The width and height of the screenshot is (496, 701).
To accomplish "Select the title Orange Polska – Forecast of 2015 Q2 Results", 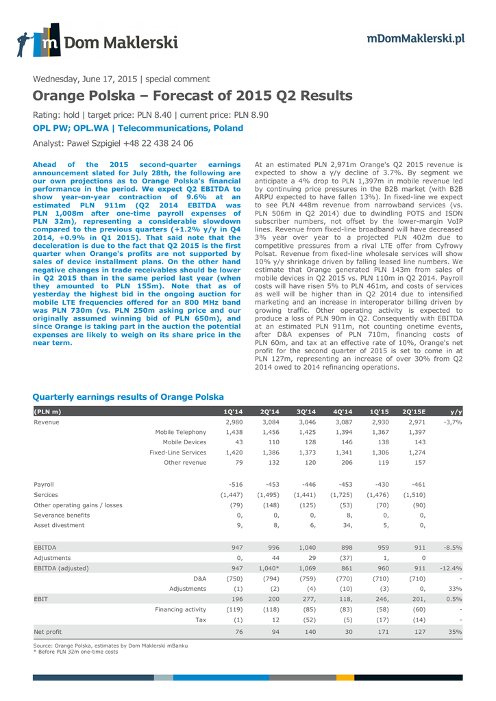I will pos(193,96).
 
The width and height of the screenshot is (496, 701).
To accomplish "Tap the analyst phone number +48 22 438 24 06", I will pos(158,144).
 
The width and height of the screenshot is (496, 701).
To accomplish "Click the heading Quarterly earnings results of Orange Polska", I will pos(128,397).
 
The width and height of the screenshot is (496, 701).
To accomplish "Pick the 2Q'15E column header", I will pos(413,411).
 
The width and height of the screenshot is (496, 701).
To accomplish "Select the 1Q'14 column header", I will pos(233,411).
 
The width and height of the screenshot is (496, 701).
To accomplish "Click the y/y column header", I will pos(456,411).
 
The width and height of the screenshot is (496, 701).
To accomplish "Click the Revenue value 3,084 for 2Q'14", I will pos(270,422).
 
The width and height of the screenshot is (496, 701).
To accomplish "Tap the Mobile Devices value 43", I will pos(238,443).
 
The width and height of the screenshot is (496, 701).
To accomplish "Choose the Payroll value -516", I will pos(235,484).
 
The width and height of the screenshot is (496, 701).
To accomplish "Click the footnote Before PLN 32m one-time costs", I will pos(77,651).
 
